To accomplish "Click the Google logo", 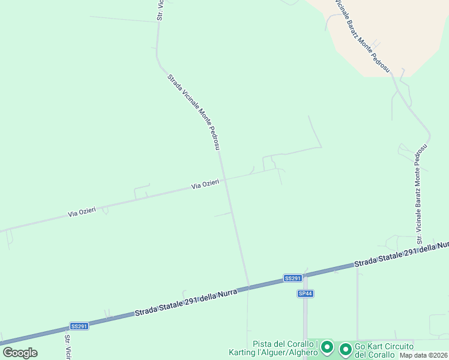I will (20, 352).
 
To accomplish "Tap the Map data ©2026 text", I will (424, 355).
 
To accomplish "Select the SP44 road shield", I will (306, 293).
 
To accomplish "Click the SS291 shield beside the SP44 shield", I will (292, 278).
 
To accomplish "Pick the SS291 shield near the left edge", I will (79, 326).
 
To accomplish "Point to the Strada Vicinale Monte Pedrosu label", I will (194, 112).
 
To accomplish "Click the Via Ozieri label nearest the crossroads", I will (205, 185).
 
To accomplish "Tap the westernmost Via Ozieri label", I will (82, 212).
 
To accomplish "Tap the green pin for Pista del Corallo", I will (327, 347).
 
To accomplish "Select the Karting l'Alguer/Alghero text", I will (273, 353).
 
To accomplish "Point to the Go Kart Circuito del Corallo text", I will (384, 350).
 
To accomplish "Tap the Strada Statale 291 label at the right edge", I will (401, 256).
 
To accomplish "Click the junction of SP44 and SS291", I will (304, 277).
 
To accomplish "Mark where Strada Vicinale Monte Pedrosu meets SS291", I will (249, 287).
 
